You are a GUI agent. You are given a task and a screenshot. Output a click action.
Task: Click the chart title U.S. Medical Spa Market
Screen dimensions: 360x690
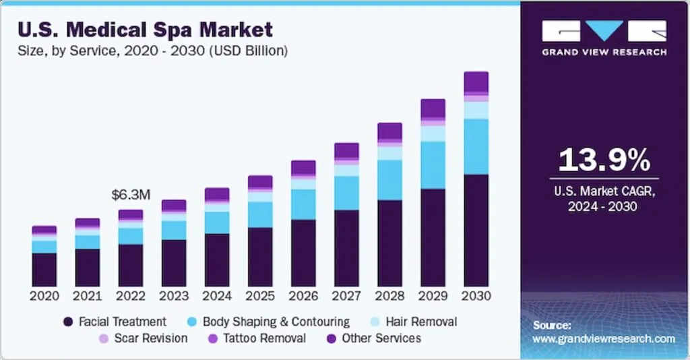tap(145, 30)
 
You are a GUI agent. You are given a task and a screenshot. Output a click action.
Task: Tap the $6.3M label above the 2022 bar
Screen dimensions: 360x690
tap(131, 195)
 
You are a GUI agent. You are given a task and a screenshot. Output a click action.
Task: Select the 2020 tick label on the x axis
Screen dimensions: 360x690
tap(44, 296)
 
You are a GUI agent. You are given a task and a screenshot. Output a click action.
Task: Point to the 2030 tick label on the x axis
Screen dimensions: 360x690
tap(476, 296)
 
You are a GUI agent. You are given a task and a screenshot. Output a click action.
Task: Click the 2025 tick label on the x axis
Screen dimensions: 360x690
tap(260, 296)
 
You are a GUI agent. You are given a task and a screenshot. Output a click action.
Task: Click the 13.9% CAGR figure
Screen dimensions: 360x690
tap(604, 160)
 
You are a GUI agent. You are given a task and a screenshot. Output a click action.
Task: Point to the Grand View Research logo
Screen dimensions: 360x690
tap(604, 38)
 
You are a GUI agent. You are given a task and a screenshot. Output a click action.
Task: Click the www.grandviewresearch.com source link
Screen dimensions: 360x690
tap(604, 339)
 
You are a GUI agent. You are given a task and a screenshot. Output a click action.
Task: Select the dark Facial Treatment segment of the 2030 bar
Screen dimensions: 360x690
tap(476, 230)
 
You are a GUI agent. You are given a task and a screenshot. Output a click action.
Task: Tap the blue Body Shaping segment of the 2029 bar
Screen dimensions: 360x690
tap(433, 164)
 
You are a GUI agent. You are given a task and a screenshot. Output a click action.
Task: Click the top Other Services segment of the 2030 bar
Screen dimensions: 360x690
tap(476, 82)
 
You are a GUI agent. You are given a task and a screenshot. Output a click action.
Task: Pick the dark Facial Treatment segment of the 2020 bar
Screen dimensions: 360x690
tap(44, 270)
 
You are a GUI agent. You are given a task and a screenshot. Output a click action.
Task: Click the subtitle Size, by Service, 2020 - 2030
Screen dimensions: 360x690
tap(153, 51)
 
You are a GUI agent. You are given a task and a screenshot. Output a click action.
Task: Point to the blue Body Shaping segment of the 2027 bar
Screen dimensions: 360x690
tap(347, 193)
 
